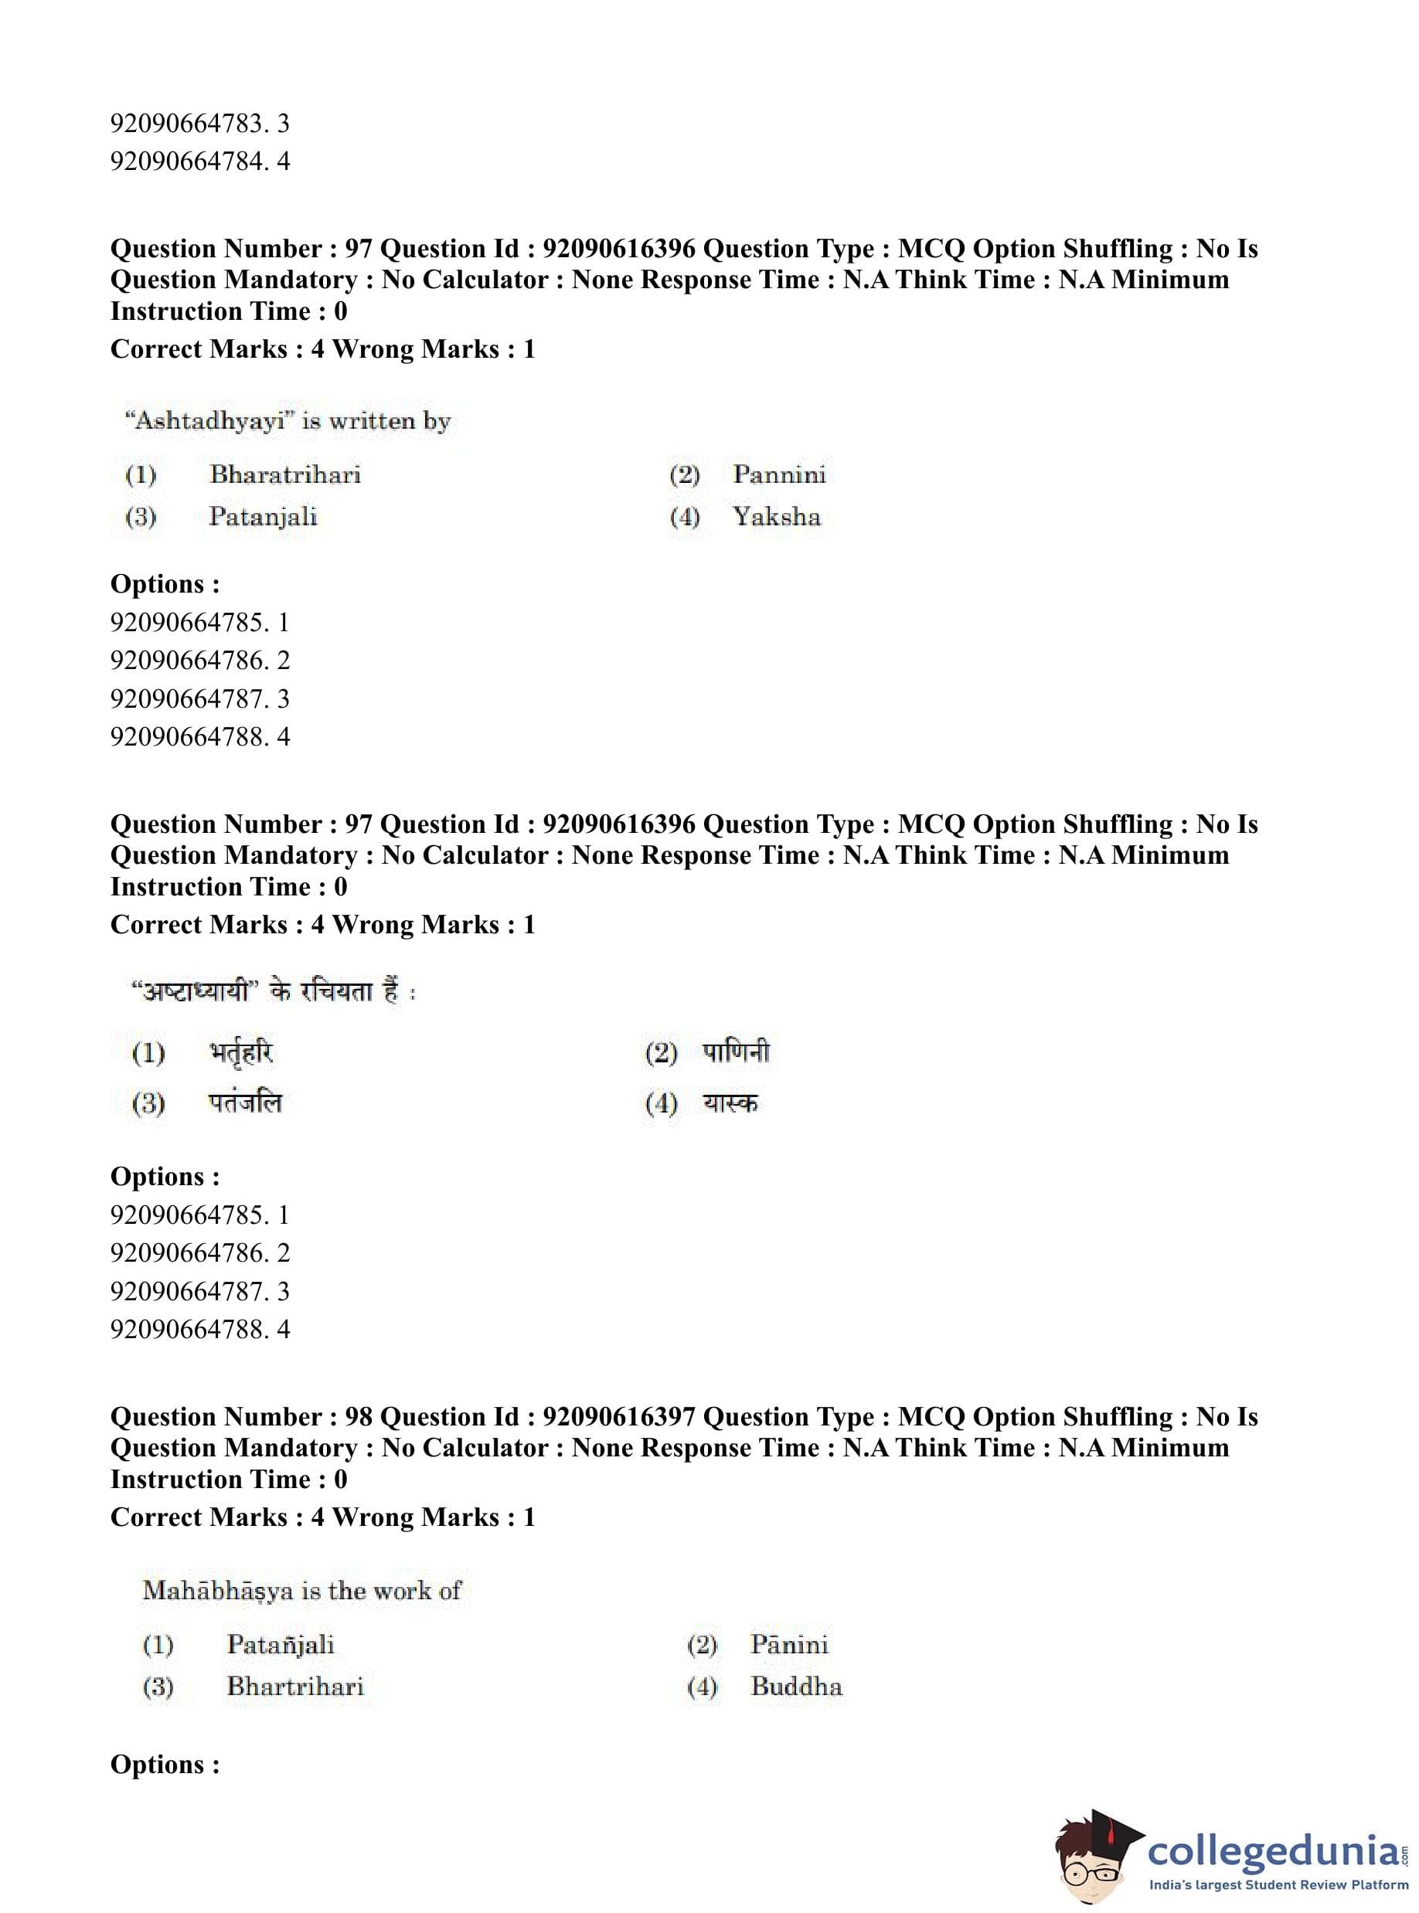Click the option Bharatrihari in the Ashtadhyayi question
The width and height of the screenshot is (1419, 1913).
click(x=284, y=475)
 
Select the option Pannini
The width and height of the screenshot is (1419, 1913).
click(x=778, y=475)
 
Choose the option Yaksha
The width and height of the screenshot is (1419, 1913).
click(x=777, y=517)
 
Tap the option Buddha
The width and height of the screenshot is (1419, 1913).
click(x=795, y=1687)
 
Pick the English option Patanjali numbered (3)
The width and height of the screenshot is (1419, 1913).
click(x=263, y=517)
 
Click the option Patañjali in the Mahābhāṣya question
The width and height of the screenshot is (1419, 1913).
click(x=280, y=1644)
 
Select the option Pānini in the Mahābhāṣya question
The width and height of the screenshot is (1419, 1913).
click(x=788, y=1644)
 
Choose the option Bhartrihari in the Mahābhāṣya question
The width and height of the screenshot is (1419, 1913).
click(x=294, y=1687)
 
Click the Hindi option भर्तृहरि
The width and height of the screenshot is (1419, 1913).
click(x=241, y=1052)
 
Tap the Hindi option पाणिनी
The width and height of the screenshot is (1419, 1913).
click(x=736, y=1052)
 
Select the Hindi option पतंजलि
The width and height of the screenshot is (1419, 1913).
click(x=245, y=1103)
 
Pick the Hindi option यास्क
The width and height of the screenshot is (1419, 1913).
click(x=730, y=1103)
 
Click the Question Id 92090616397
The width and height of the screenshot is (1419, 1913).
click(x=618, y=1417)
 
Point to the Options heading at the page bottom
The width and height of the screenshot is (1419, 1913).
click(x=165, y=1765)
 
